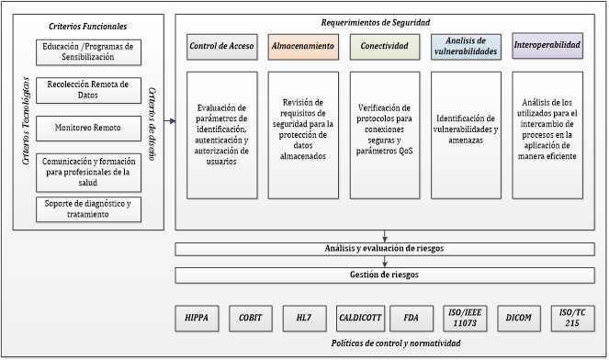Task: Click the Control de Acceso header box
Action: coord(220,46)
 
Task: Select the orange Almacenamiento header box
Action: coord(302,46)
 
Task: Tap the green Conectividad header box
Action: coord(384,46)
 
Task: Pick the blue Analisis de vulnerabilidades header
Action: coord(466,46)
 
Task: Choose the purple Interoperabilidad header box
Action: coord(547,46)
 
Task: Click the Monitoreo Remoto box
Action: coord(90,128)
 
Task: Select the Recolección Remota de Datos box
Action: coord(90,89)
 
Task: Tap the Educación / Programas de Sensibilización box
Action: coord(90,51)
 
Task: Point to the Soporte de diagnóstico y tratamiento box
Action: coord(90,208)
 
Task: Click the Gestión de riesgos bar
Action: coord(378,275)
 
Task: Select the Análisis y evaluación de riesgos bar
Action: coord(378,248)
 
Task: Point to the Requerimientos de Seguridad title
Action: coord(375,22)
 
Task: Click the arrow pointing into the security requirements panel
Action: coord(170,120)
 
